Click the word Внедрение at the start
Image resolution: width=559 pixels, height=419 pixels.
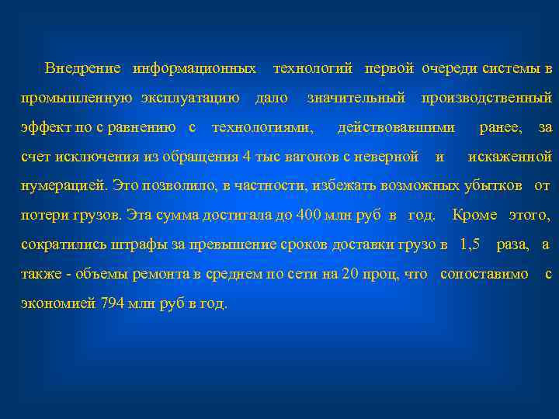pos(83,68)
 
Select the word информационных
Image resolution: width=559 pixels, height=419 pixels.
pos(194,68)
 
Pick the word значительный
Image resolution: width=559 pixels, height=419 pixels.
pos(356,98)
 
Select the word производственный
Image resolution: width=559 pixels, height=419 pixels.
pos(486,98)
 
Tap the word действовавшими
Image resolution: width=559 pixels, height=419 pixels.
pos(397,126)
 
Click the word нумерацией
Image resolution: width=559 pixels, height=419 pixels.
pos(64,185)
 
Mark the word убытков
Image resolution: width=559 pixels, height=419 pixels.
pos(494,185)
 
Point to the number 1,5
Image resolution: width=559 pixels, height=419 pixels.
pos(469,244)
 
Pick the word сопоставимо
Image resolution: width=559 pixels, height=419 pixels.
pos(484,274)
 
